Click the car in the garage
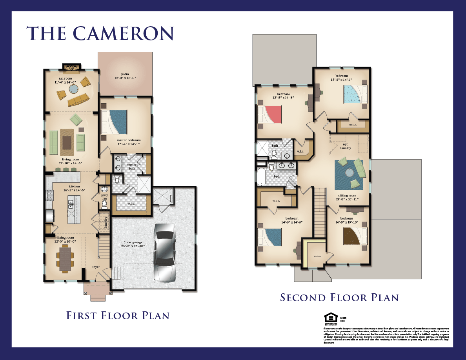click(x=167, y=253)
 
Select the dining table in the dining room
click(x=66, y=260)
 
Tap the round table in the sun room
click(x=73, y=89)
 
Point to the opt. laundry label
click(x=346, y=146)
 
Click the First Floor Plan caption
click(x=118, y=315)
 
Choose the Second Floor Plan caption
click(x=339, y=298)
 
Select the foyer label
click(x=96, y=267)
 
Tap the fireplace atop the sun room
click(x=71, y=68)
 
